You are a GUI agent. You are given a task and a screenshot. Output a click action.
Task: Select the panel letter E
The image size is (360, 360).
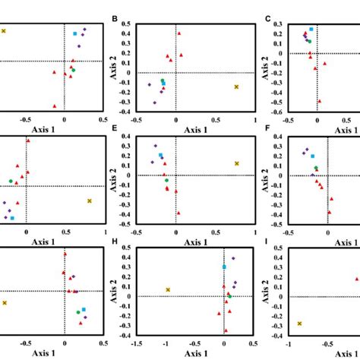click(115, 130)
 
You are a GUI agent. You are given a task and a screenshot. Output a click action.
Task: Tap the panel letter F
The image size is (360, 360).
click(267, 130)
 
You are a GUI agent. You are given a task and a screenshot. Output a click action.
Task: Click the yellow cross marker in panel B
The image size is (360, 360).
click(237, 87)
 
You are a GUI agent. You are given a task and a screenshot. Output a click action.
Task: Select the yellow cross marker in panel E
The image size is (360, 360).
click(237, 163)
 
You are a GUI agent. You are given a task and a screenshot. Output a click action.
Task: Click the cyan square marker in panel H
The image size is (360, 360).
click(224, 267)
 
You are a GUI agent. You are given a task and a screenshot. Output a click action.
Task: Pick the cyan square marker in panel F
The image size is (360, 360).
click(312, 156)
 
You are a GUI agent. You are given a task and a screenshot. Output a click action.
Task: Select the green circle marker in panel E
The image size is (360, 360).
click(165, 171)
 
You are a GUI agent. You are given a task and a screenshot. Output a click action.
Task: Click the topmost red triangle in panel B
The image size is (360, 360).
click(179, 33)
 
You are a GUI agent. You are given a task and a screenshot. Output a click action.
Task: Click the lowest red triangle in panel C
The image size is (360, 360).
click(320, 101)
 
